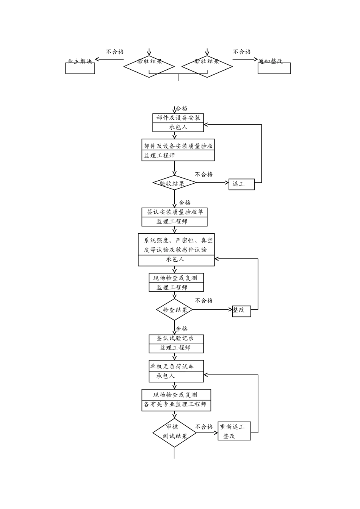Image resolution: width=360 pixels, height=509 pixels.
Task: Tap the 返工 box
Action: coord(241,184)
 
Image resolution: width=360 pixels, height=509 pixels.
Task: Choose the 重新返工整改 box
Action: coord(234,431)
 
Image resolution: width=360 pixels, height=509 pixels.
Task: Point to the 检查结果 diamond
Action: coord(175,310)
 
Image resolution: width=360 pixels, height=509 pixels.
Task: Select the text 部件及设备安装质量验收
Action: coord(178,146)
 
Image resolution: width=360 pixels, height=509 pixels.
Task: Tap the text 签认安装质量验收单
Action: coord(175,212)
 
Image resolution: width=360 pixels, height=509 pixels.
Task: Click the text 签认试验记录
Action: coord(176,338)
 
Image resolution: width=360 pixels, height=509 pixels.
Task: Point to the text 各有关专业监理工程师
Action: coord(175,404)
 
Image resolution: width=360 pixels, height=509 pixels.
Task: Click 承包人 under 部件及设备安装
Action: coord(178,127)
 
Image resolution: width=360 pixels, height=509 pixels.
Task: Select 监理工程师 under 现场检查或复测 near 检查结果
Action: coord(172,287)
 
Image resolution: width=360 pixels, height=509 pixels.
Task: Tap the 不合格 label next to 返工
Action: coord(204,174)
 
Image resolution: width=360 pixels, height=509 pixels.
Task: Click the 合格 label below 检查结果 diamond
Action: coord(182,329)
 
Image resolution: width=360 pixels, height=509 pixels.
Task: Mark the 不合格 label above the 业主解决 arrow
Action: coord(115,52)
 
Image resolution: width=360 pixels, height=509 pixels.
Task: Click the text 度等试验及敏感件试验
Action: coord(175,250)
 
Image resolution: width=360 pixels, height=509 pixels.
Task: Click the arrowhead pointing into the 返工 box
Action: coord(227,183)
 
